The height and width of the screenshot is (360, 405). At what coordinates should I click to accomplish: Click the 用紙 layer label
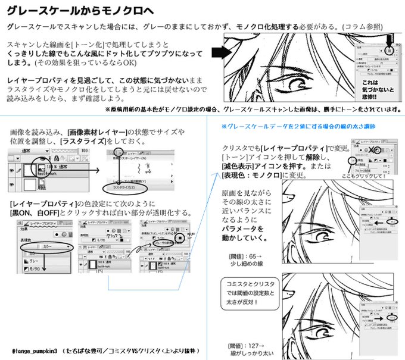[x=42, y=186]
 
